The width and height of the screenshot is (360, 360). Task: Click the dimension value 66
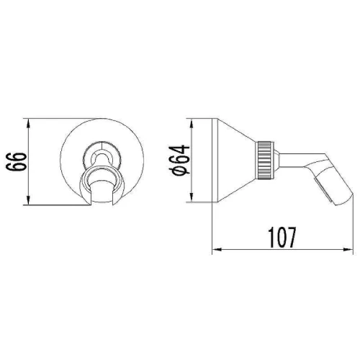(16, 161)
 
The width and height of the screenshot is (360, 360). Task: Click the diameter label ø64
(179, 160)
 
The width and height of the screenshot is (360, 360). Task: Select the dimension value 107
(282, 238)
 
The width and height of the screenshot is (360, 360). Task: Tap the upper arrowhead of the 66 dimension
(28, 124)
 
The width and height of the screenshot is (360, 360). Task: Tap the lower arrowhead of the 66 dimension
(28, 199)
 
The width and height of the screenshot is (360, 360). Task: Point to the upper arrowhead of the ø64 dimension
(192, 124)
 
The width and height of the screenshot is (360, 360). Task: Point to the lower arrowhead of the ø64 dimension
(192, 197)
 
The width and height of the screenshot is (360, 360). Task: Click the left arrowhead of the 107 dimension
(218, 250)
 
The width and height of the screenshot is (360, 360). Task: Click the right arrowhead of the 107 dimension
(348, 250)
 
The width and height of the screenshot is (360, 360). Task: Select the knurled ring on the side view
(265, 160)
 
